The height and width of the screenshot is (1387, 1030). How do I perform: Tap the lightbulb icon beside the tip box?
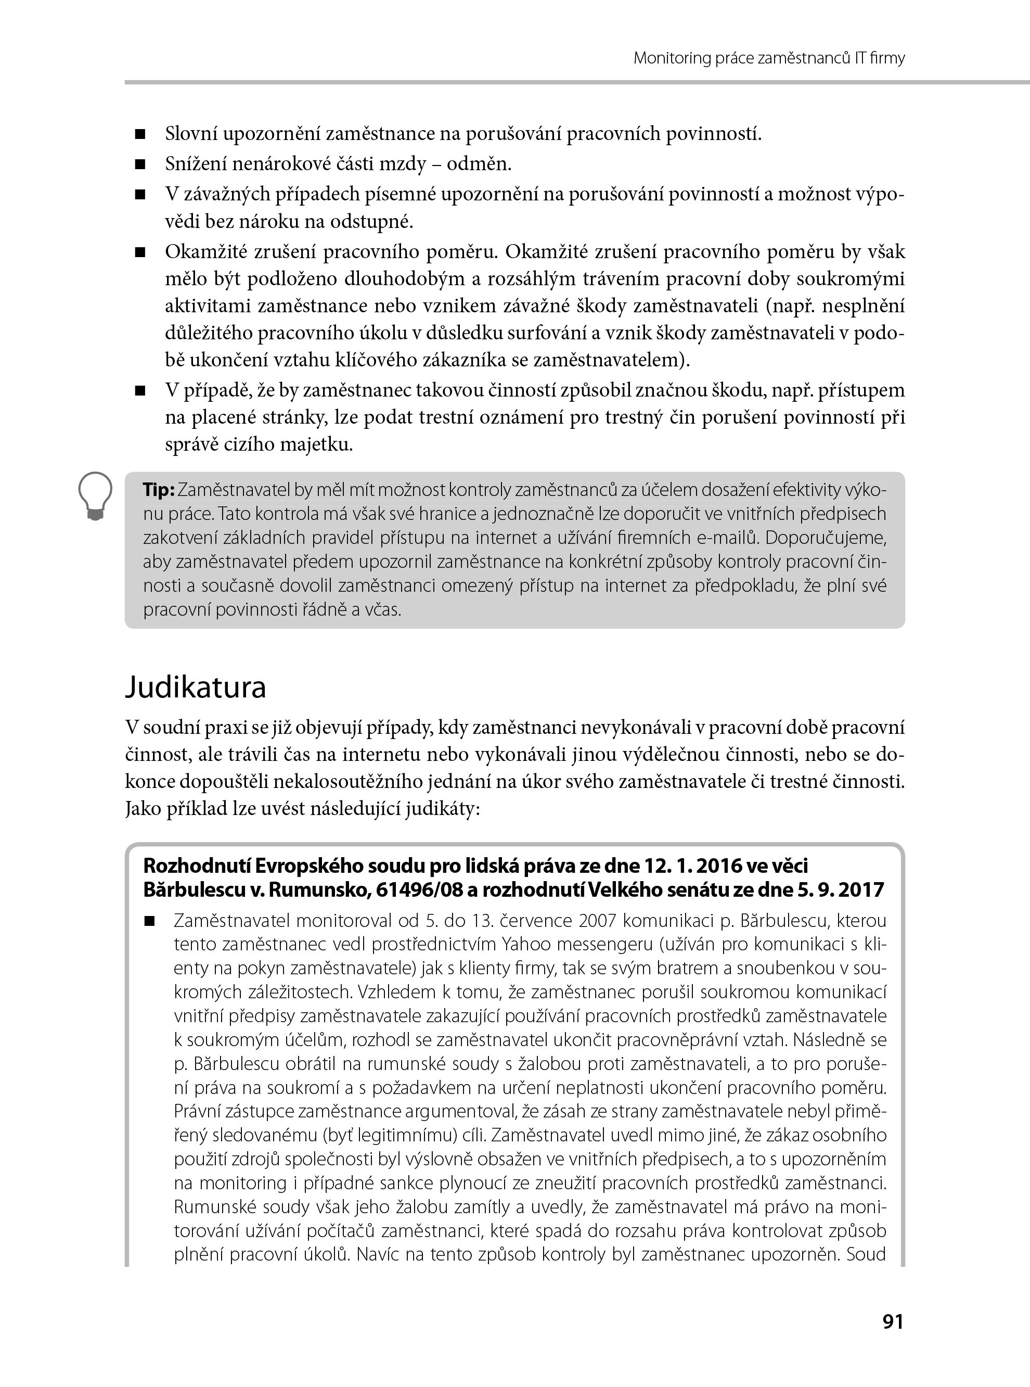(x=95, y=496)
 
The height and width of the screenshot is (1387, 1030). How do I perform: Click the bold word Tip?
(x=159, y=490)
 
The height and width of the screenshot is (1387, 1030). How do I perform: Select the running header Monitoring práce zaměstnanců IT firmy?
(x=769, y=59)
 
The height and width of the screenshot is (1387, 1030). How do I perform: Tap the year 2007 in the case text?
(x=600, y=921)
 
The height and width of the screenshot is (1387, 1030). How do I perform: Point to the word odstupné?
(x=379, y=221)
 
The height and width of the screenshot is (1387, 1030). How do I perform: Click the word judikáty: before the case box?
(x=443, y=809)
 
